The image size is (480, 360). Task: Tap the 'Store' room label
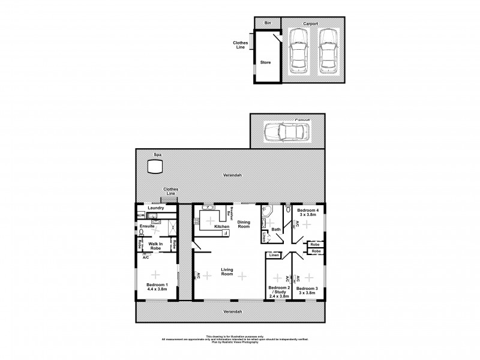(x=265, y=62)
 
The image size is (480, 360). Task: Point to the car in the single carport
(x=286, y=131)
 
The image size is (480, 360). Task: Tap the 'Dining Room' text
(x=243, y=224)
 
